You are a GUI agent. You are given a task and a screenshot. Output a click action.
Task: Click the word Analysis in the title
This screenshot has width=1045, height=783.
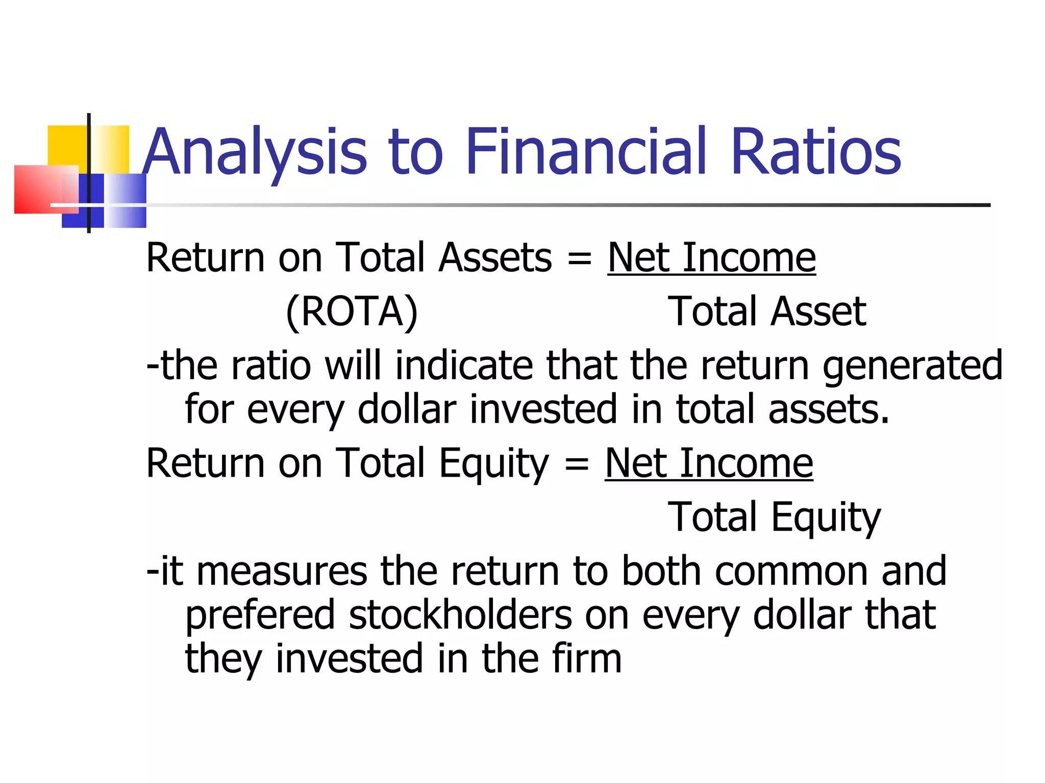point(255,152)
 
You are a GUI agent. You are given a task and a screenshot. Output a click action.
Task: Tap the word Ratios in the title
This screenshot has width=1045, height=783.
point(816,152)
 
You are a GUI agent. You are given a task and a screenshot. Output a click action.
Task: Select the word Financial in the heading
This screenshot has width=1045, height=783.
point(586,152)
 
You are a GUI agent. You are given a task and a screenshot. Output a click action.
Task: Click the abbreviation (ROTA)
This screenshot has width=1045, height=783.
point(352,311)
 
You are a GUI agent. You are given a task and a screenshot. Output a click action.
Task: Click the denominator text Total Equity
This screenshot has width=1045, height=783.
point(774,517)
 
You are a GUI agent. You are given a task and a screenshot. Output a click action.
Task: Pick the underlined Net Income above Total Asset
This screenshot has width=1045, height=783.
point(711,258)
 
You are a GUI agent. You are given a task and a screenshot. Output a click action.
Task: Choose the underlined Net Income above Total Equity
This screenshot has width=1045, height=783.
point(709,463)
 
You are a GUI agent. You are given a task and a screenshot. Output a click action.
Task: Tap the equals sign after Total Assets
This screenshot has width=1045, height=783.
point(580,259)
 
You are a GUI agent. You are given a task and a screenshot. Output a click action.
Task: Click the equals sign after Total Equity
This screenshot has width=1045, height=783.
point(577,464)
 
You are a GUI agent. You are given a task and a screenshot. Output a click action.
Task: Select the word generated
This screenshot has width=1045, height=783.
point(912,366)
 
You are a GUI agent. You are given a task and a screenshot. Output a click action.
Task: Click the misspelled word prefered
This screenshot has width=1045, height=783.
point(260,616)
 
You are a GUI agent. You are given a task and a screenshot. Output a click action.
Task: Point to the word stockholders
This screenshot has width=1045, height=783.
point(460,615)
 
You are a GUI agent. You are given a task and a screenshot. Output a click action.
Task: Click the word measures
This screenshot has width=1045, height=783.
point(282,571)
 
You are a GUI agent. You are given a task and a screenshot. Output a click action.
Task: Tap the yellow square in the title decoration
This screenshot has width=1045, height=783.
point(66,145)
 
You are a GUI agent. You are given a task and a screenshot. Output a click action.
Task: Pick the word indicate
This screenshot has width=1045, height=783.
point(464,366)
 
